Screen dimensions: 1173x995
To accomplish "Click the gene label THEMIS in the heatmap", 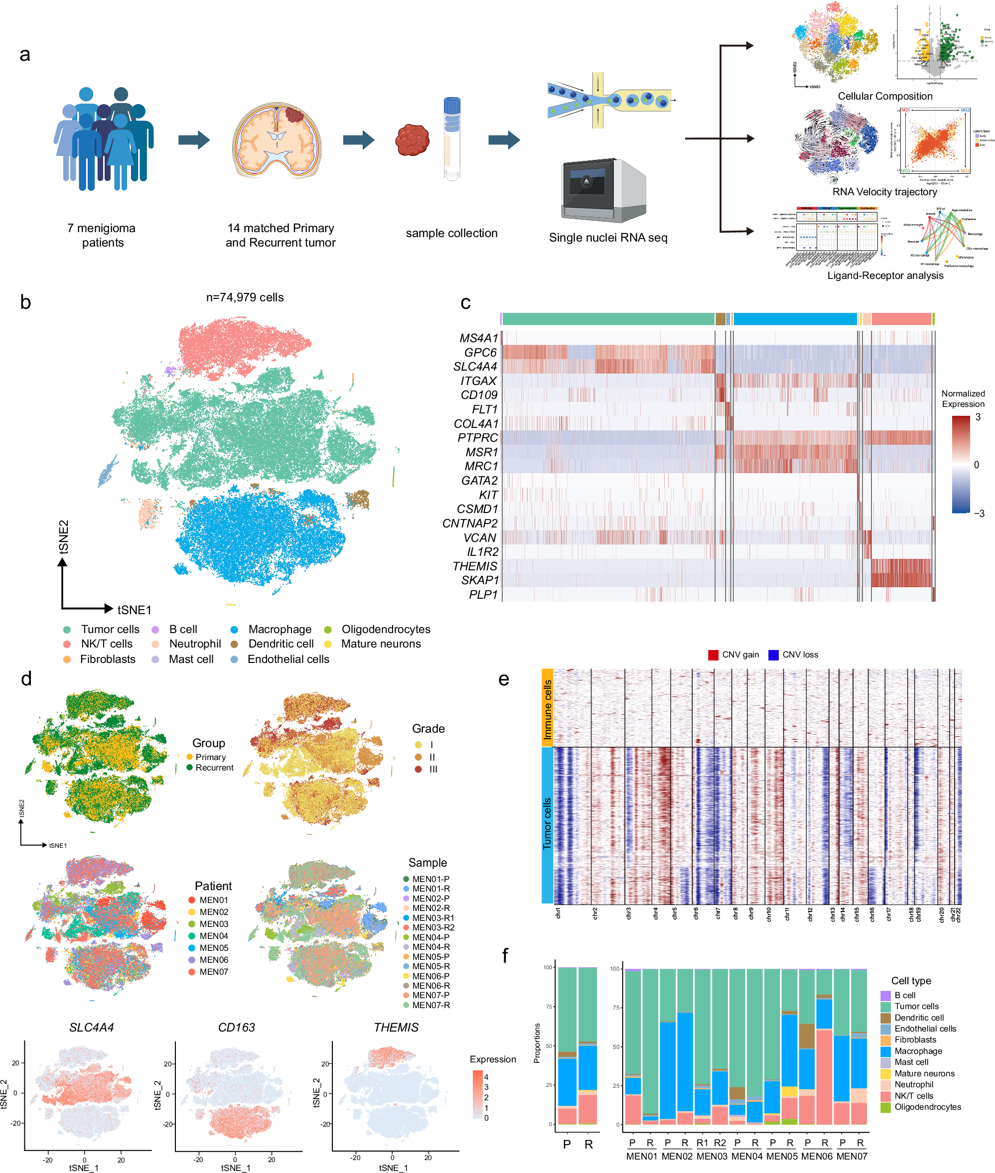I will [474, 566].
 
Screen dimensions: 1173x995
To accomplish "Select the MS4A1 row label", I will [478, 338].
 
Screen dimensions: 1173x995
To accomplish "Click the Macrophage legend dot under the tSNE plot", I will [234, 630].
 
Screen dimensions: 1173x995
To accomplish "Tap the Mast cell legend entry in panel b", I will [191, 659].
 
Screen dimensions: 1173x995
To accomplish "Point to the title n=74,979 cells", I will [244, 297].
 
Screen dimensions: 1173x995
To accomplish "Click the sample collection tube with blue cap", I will [452, 138].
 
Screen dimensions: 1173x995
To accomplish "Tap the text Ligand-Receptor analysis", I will [884, 276].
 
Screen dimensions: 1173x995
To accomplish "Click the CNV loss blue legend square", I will [773, 654].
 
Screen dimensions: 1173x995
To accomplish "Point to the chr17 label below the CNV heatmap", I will [888, 914].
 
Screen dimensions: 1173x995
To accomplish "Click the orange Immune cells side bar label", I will [547, 709].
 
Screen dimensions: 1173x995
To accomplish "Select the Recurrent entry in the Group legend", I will [214, 768].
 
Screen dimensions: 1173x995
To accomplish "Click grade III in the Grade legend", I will [432, 769].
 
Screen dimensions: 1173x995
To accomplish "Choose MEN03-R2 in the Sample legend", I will [432, 927].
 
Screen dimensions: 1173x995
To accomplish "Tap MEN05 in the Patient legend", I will [213, 948].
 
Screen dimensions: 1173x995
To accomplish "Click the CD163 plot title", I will [236, 1028].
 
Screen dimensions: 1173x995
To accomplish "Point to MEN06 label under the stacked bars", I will [816, 1156].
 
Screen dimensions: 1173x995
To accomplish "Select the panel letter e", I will [503, 679].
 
